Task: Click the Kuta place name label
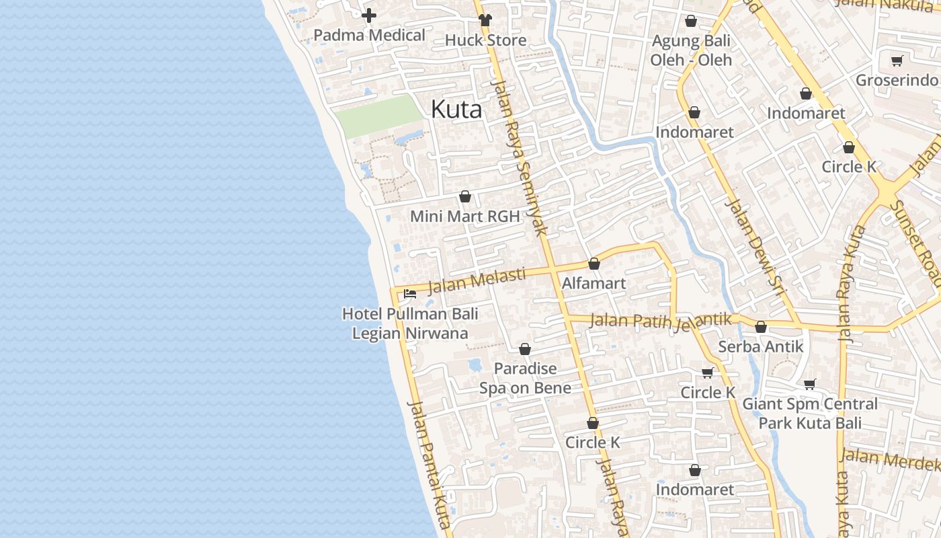click(x=456, y=109)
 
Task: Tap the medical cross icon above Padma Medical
click(x=369, y=15)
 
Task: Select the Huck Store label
click(x=485, y=40)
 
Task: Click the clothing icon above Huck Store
click(x=485, y=20)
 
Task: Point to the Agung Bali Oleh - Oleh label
click(x=691, y=50)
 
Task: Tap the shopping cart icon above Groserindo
click(x=897, y=61)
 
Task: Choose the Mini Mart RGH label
click(x=465, y=217)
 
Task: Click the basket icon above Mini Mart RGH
click(x=464, y=196)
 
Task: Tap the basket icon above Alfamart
click(x=594, y=264)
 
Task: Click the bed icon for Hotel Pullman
click(x=409, y=294)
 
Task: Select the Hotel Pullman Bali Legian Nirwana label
click(x=410, y=323)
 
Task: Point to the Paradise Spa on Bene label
click(x=525, y=378)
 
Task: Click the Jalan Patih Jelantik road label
click(x=660, y=320)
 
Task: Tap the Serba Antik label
click(x=761, y=347)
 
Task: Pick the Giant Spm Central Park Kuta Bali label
click(x=810, y=414)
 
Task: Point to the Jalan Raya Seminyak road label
click(x=520, y=158)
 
